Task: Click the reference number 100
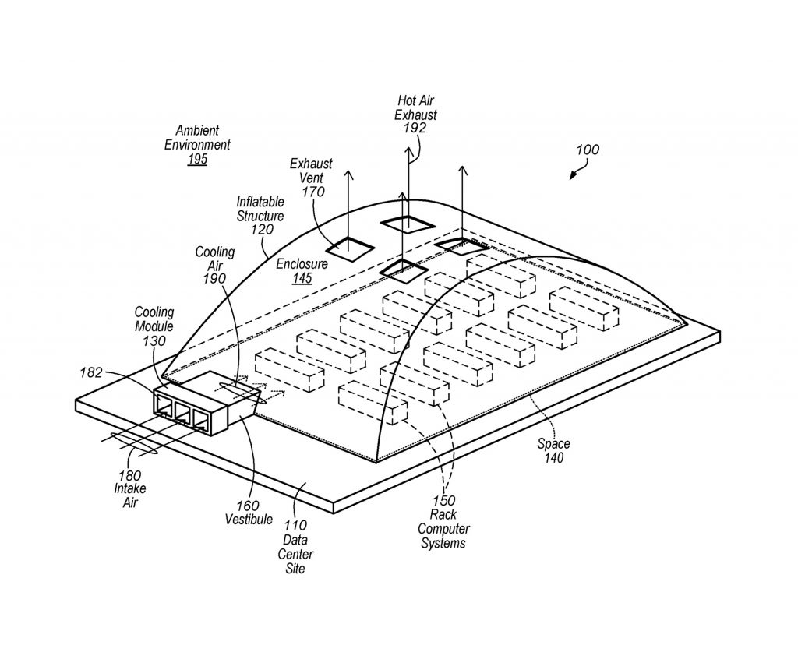click(x=588, y=150)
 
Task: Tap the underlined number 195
click(x=197, y=159)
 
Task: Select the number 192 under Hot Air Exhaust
click(x=415, y=128)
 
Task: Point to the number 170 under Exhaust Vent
click(x=313, y=192)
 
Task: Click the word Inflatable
click(x=260, y=202)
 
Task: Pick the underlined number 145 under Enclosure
click(x=302, y=278)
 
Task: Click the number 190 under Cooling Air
click(x=214, y=279)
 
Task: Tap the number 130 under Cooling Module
click(x=154, y=340)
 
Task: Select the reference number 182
click(x=91, y=373)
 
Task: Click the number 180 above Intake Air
click(x=130, y=475)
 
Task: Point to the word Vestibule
click(x=249, y=520)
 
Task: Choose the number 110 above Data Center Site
click(x=295, y=525)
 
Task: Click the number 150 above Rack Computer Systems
click(x=443, y=501)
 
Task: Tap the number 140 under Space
click(x=554, y=458)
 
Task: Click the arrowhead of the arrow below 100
click(x=573, y=176)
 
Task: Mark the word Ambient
click(x=197, y=131)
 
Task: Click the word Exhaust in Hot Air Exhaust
click(x=416, y=115)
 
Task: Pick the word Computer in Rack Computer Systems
click(x=443, y=529)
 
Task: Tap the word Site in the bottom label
click(x=295, y=568)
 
